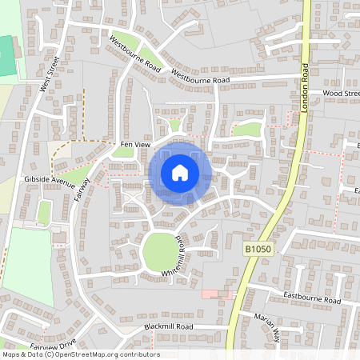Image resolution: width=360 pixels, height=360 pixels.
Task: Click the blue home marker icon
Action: pyautogui.click(x=180, y=173)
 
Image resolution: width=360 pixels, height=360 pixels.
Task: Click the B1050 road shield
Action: pyautogui.click(x=258, y=250)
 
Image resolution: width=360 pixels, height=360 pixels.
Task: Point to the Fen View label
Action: pyautogui.click(x=134, y=143)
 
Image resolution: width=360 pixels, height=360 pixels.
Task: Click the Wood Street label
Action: pyautogui.click(x=342, y=94)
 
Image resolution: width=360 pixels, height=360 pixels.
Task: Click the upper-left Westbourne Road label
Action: pyautogui.click(x=135, y=54)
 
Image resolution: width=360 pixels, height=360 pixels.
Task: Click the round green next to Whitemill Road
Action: pyautogui.click(x=161, y=253)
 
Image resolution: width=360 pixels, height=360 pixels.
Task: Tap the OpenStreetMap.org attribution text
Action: pyautogui.click(x=103, y=354)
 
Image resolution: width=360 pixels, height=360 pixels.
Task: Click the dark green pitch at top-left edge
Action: pyautogui.click(x=7, y=56)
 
